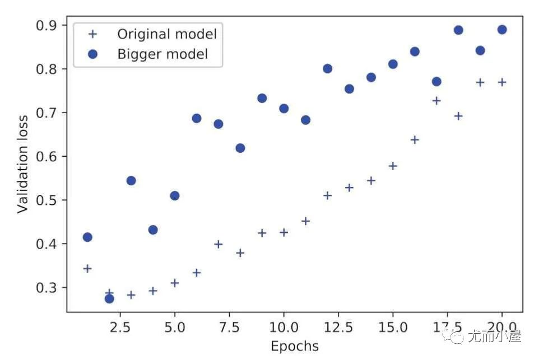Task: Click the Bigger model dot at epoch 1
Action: point(87,237)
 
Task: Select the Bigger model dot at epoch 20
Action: point(502,30)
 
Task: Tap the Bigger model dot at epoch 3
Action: point(131,180)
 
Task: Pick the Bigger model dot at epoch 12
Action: point(327,68)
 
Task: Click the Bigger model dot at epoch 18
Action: point(458,30)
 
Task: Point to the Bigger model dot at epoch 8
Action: point(240,148)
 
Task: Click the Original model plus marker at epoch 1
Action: point(87,268)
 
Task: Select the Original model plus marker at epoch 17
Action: point(436,101)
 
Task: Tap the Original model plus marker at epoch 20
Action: point(502,82)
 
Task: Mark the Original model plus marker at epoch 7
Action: point(218,244)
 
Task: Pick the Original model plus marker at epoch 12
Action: point(327,195)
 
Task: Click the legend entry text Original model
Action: point(166,34)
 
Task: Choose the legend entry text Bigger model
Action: point(162,54)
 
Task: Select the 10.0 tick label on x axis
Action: point(284,326)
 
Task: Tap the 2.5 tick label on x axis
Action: point(119,326)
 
